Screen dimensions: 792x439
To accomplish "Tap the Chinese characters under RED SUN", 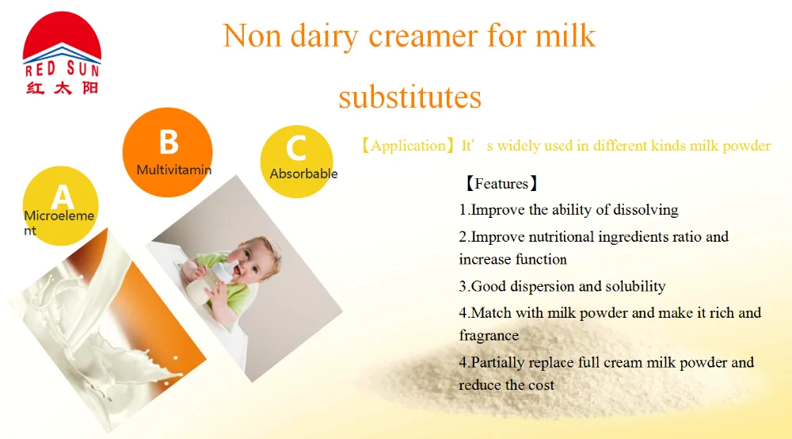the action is pyautogui.click(x=62, y=88).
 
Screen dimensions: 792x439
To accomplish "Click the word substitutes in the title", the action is pyautogui.click(x=409, y=97).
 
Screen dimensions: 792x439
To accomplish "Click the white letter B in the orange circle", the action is pyautogui.click(x=169, y=142).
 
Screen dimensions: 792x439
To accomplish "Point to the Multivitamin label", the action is pyautogui.click(x=173, y=170).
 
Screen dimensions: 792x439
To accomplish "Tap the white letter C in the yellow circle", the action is pyautogui.click(x=296, y=148).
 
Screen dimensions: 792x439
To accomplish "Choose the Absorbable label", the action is pyautogui.click(x=303, y=174).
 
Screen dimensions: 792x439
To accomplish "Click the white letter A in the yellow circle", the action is pyautogui.click(x=62, y=197).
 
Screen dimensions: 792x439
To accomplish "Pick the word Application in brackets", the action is pyautogui.click(x=408, y=146).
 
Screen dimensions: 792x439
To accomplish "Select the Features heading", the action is pyautogui.click(x=501, y=183).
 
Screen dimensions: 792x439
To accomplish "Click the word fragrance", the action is pyautogui.click(x=489, y=335).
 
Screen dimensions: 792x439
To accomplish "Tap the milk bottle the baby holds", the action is pyautogui.click(x=212, y=282).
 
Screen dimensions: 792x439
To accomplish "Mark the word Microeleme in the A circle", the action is pyautogui.click(x=59, y=216).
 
